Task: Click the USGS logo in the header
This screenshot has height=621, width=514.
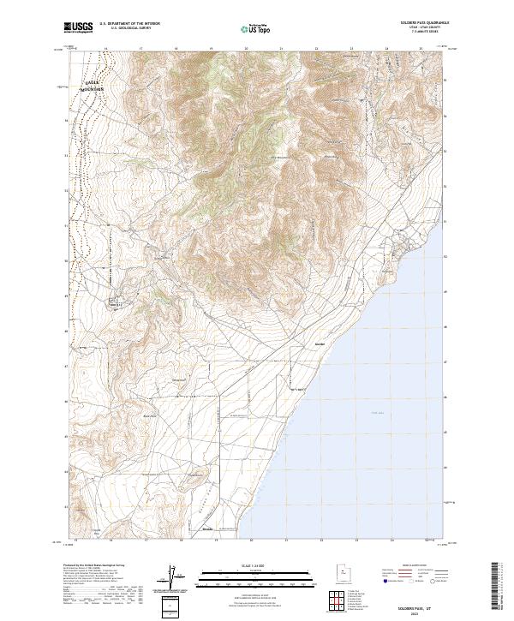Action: pos(79,27)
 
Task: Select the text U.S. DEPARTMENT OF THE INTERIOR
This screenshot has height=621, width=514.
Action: pos(129,25)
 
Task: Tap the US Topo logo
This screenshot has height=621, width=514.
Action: pos(254,28)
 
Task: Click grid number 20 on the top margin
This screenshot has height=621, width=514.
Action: pos(247,50)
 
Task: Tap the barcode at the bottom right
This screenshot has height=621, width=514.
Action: pos(496,587)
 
